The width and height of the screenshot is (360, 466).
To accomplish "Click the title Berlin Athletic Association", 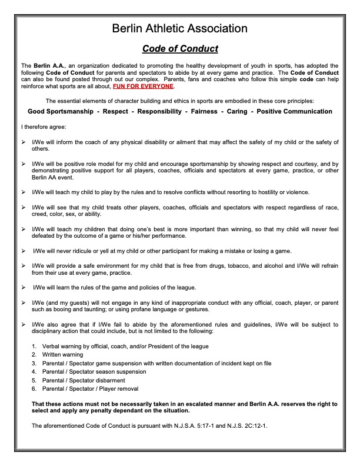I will click(179, 28).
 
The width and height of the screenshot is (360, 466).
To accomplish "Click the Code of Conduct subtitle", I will click(180, 48).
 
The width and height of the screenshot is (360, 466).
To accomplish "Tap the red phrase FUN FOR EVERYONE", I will click(143, 86).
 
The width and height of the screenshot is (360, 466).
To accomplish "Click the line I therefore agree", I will click(45, 127).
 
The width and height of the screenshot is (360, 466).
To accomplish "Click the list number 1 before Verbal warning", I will click(34, 347).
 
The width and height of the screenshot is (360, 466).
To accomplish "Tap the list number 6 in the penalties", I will click(34, 388).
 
